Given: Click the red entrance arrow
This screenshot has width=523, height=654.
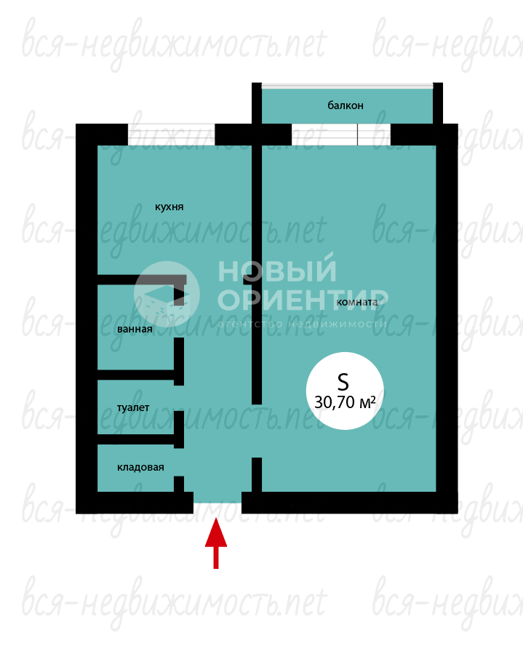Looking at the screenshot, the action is point(216,543).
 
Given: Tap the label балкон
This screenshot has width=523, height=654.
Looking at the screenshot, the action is point(346,105).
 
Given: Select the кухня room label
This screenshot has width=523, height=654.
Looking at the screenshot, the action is point(169,207).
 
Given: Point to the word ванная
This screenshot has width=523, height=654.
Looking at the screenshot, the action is point(135,329).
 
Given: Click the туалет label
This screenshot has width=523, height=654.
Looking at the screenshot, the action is point(133,407).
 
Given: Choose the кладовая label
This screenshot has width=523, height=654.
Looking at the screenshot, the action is point(140,468).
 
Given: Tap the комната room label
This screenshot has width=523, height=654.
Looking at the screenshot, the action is point(357,302).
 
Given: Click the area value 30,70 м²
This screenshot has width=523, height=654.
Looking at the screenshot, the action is point(345,402).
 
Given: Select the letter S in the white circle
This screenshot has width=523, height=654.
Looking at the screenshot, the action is point(343,381).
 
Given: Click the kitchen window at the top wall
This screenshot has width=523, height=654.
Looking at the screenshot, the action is point(171,135).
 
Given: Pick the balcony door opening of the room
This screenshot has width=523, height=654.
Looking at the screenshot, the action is point(340,135).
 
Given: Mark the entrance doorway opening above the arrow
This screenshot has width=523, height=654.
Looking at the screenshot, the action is point(217,498).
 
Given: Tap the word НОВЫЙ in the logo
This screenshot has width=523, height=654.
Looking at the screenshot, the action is point(277,271).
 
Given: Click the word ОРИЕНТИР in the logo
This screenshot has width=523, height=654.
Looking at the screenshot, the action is point(303,300).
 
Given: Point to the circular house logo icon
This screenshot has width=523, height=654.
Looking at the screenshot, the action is point(167,295).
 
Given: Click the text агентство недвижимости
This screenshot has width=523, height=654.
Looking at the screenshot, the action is point(302,324).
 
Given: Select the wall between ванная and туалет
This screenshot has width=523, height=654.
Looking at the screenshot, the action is point(136,375).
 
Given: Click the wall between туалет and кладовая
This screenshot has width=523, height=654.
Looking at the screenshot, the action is point(136,439).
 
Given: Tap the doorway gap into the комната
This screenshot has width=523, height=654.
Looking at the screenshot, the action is point(257,431).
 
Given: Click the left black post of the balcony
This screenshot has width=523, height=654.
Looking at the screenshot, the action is point(257,103).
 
